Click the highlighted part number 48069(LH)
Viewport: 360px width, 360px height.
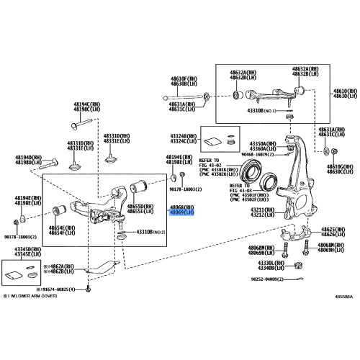[181, 213]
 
